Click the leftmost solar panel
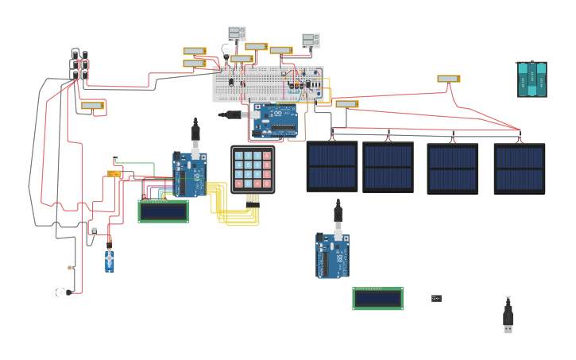(x=332, y=166)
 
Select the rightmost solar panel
(x=519, y=168)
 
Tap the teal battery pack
(x=532, y=79)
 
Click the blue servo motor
(x=109, y=260)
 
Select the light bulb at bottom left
(x=63, y=292)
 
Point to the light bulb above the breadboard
(x=226, y=50)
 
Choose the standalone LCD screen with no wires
(x=377, y=299)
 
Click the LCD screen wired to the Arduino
(x=163, y=211)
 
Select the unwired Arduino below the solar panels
(x=333, y=255)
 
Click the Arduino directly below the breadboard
(x=275, y=120)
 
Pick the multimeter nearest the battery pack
(x=448, y=79)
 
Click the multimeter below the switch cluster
(x=92, y=105)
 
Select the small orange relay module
(x=114, y=173)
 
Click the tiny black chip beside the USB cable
(x=436, y=298)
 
